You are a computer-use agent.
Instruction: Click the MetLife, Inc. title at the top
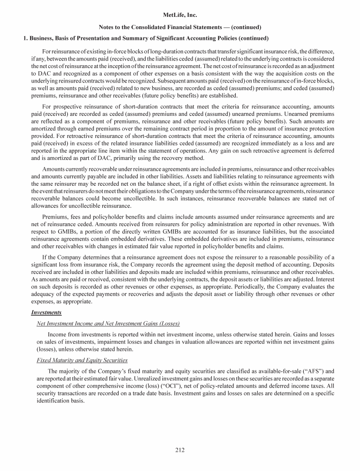click(180, 15)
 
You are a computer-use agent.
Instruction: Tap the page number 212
click(180, 450)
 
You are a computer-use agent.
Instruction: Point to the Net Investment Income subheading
click(108, 324)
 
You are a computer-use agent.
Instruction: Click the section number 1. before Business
click(26, 38)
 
